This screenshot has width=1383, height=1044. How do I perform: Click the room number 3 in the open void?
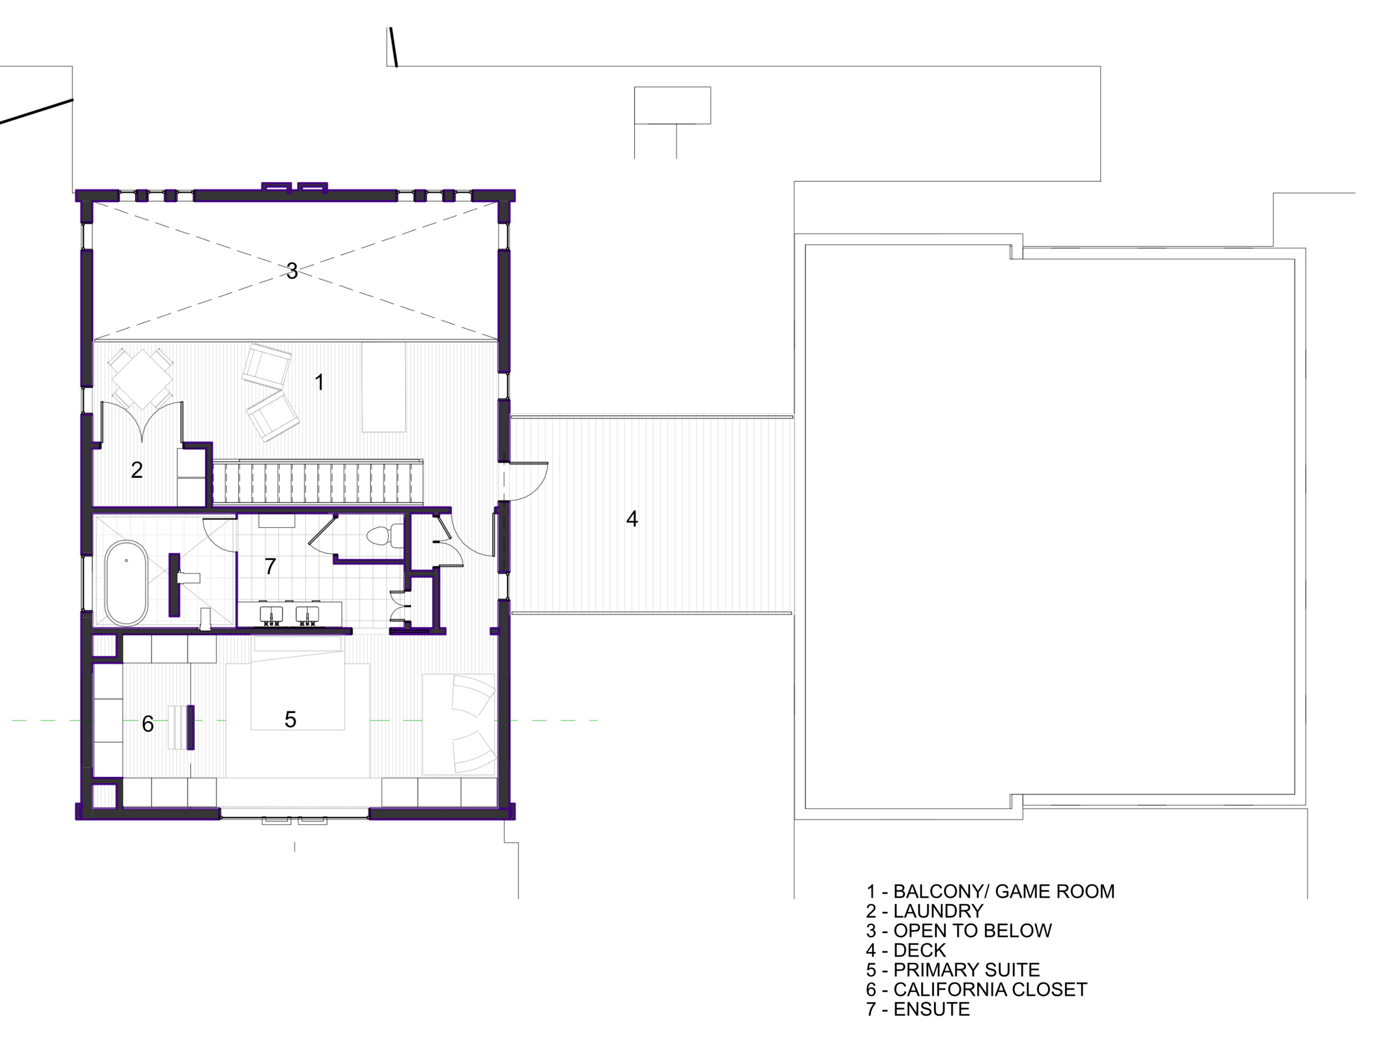click(291, 270)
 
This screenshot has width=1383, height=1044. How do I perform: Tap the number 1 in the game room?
click(319, 382)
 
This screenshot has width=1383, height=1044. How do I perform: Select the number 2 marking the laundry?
click(137, 469)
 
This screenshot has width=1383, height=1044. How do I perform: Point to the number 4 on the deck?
click(632, 519)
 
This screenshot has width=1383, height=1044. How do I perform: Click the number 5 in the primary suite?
click(290, 719)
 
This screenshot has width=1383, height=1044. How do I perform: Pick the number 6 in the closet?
click(147, 723)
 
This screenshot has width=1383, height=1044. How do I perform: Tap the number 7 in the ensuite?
click(270, 566)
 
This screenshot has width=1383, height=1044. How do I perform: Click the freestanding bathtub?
click(126, 583)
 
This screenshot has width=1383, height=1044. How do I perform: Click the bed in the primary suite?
click(298, 683)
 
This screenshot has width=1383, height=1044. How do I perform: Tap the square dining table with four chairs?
click(142, 378)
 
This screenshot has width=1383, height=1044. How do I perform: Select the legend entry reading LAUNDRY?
click(938, 911)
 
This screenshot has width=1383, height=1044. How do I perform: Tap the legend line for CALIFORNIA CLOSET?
click(990, 989)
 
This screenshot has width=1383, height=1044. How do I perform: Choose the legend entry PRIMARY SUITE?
click(966, 970)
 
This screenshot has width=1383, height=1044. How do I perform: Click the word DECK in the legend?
click(919, 950)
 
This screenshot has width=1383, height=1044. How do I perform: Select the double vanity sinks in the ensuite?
click(290, 614)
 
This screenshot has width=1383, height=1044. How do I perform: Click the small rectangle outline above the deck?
click(672, 105)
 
